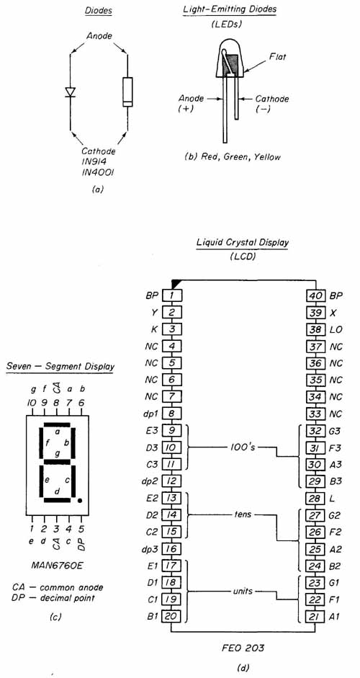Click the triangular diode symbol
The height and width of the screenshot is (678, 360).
pyautogui.click(x=70, y=92)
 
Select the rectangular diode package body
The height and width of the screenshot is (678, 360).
pyautogui.click(x=127, y=92)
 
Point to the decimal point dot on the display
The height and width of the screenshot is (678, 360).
pyautogui.click(x=80, y=501)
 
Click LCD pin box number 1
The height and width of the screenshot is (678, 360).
pyautogui.click(x=172, y=295)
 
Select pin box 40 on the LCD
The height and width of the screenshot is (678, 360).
pyautogui.click(x=315, y=295)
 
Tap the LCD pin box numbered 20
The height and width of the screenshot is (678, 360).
pyautogui.click(x=172, y=616)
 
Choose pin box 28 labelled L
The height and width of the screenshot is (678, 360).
pyautogui.click(x=315, y=499)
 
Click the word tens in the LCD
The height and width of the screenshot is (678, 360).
pyautogui.click(x=243, y=514)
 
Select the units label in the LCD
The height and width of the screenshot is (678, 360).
pyautogui.click(x=243, y=591)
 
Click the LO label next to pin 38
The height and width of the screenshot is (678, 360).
pyautogui.click(x=336, y=330)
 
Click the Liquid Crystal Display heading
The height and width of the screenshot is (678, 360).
pyautogui.click(x=243, y=243)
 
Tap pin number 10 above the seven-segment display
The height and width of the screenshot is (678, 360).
pyautogui.click(x=31, y=403)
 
